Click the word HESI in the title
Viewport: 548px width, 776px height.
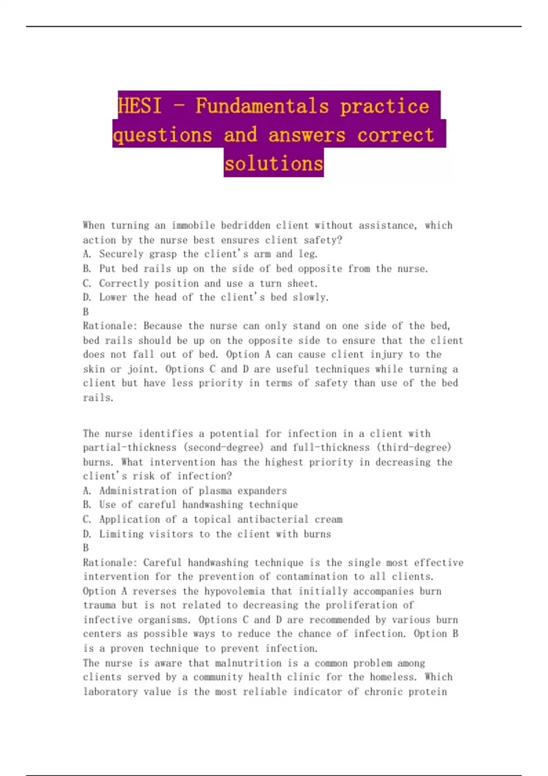(x=139, y=106)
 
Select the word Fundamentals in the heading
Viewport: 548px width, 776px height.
(x=262, y=106)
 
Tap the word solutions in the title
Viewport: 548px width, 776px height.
(x=274, y=163)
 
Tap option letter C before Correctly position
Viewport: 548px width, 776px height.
(x=87, y=283)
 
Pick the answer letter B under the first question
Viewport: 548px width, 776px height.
(x=86, y=312)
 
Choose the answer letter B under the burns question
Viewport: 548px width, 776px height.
(x=86, y=548)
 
